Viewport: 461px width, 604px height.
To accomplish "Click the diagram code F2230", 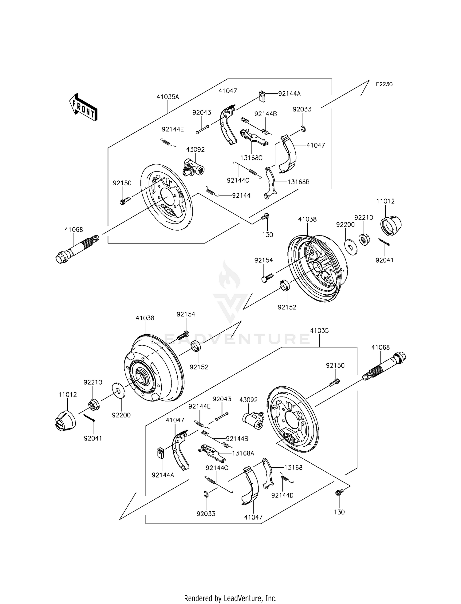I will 384,84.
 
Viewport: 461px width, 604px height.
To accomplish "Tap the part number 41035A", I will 167,97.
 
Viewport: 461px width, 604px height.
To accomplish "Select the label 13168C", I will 251,158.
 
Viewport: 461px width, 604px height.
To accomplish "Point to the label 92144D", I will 282,495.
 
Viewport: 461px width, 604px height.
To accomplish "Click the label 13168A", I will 243,453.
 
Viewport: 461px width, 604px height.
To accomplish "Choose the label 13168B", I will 298,182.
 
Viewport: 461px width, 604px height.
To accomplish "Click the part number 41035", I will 319,331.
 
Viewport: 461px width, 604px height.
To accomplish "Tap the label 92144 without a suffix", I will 241,195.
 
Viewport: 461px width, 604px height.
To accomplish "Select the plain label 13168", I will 293,468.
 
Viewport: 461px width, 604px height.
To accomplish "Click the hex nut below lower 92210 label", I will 93,405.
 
